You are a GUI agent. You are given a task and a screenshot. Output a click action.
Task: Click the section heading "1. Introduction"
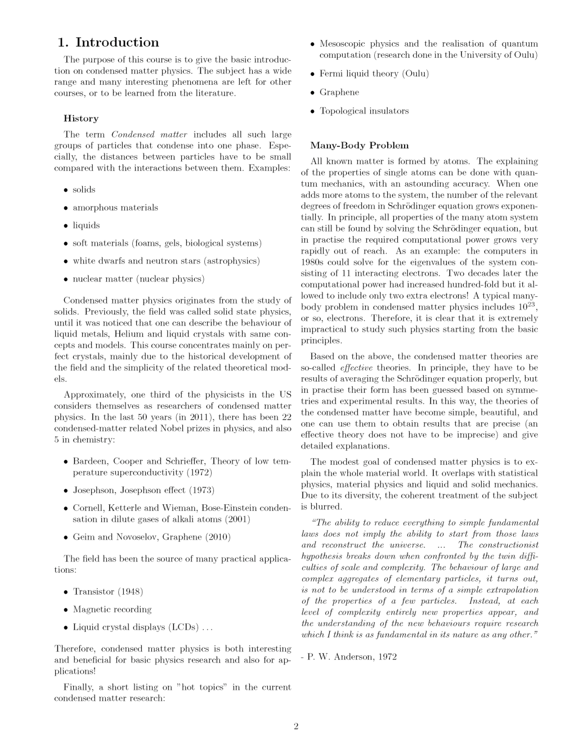[x=108, y=43]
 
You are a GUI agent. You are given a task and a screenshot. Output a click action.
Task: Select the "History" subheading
[x=81, y=119]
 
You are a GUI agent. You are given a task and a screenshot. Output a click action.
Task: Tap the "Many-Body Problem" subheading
[x=360, y=146]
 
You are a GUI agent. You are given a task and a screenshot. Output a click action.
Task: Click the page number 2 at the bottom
[x=296, y=726]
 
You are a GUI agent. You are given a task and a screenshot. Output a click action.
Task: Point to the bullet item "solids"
[x=84, y=190]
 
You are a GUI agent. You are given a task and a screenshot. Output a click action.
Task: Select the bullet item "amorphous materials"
[x=115, y=208]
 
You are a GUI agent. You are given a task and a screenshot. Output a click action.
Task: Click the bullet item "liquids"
[x=86, y=225]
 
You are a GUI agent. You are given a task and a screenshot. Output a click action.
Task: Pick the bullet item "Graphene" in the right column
[x=339, y=92]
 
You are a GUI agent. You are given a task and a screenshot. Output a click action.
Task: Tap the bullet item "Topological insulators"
[x=364, y=111]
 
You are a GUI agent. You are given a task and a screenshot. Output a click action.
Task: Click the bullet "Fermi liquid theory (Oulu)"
[x=374, y=74]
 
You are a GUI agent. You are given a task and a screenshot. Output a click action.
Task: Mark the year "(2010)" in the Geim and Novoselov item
[x=218, y=537]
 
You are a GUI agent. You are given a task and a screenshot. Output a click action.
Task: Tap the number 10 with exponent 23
[x=523, y=306]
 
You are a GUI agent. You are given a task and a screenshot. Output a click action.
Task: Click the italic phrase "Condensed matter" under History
[x=149, y=134]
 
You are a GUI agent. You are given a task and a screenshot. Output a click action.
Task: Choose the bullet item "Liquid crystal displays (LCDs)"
[x=142, y=627]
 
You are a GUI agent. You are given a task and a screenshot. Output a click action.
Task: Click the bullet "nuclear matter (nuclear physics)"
[x=138, y=279]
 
